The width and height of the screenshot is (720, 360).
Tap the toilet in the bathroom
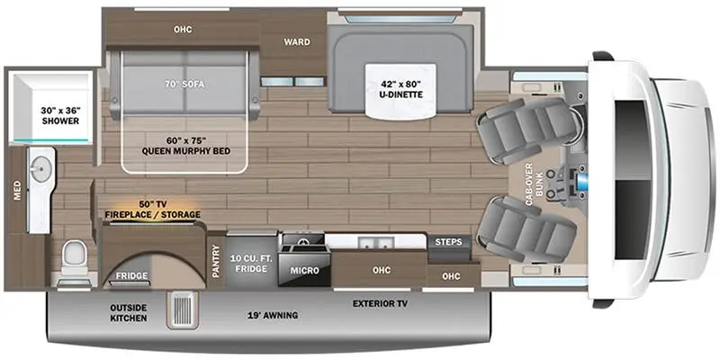(x=75, y=257)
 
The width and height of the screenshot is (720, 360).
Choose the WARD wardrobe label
(x=297, y=40)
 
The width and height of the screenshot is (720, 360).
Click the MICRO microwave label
(x=301, y=269)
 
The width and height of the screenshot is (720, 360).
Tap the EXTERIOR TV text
(x=380, y=303)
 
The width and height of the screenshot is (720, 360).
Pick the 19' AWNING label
(x=274, y=315)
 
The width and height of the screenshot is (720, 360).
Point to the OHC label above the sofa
(x=182, y=28)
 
